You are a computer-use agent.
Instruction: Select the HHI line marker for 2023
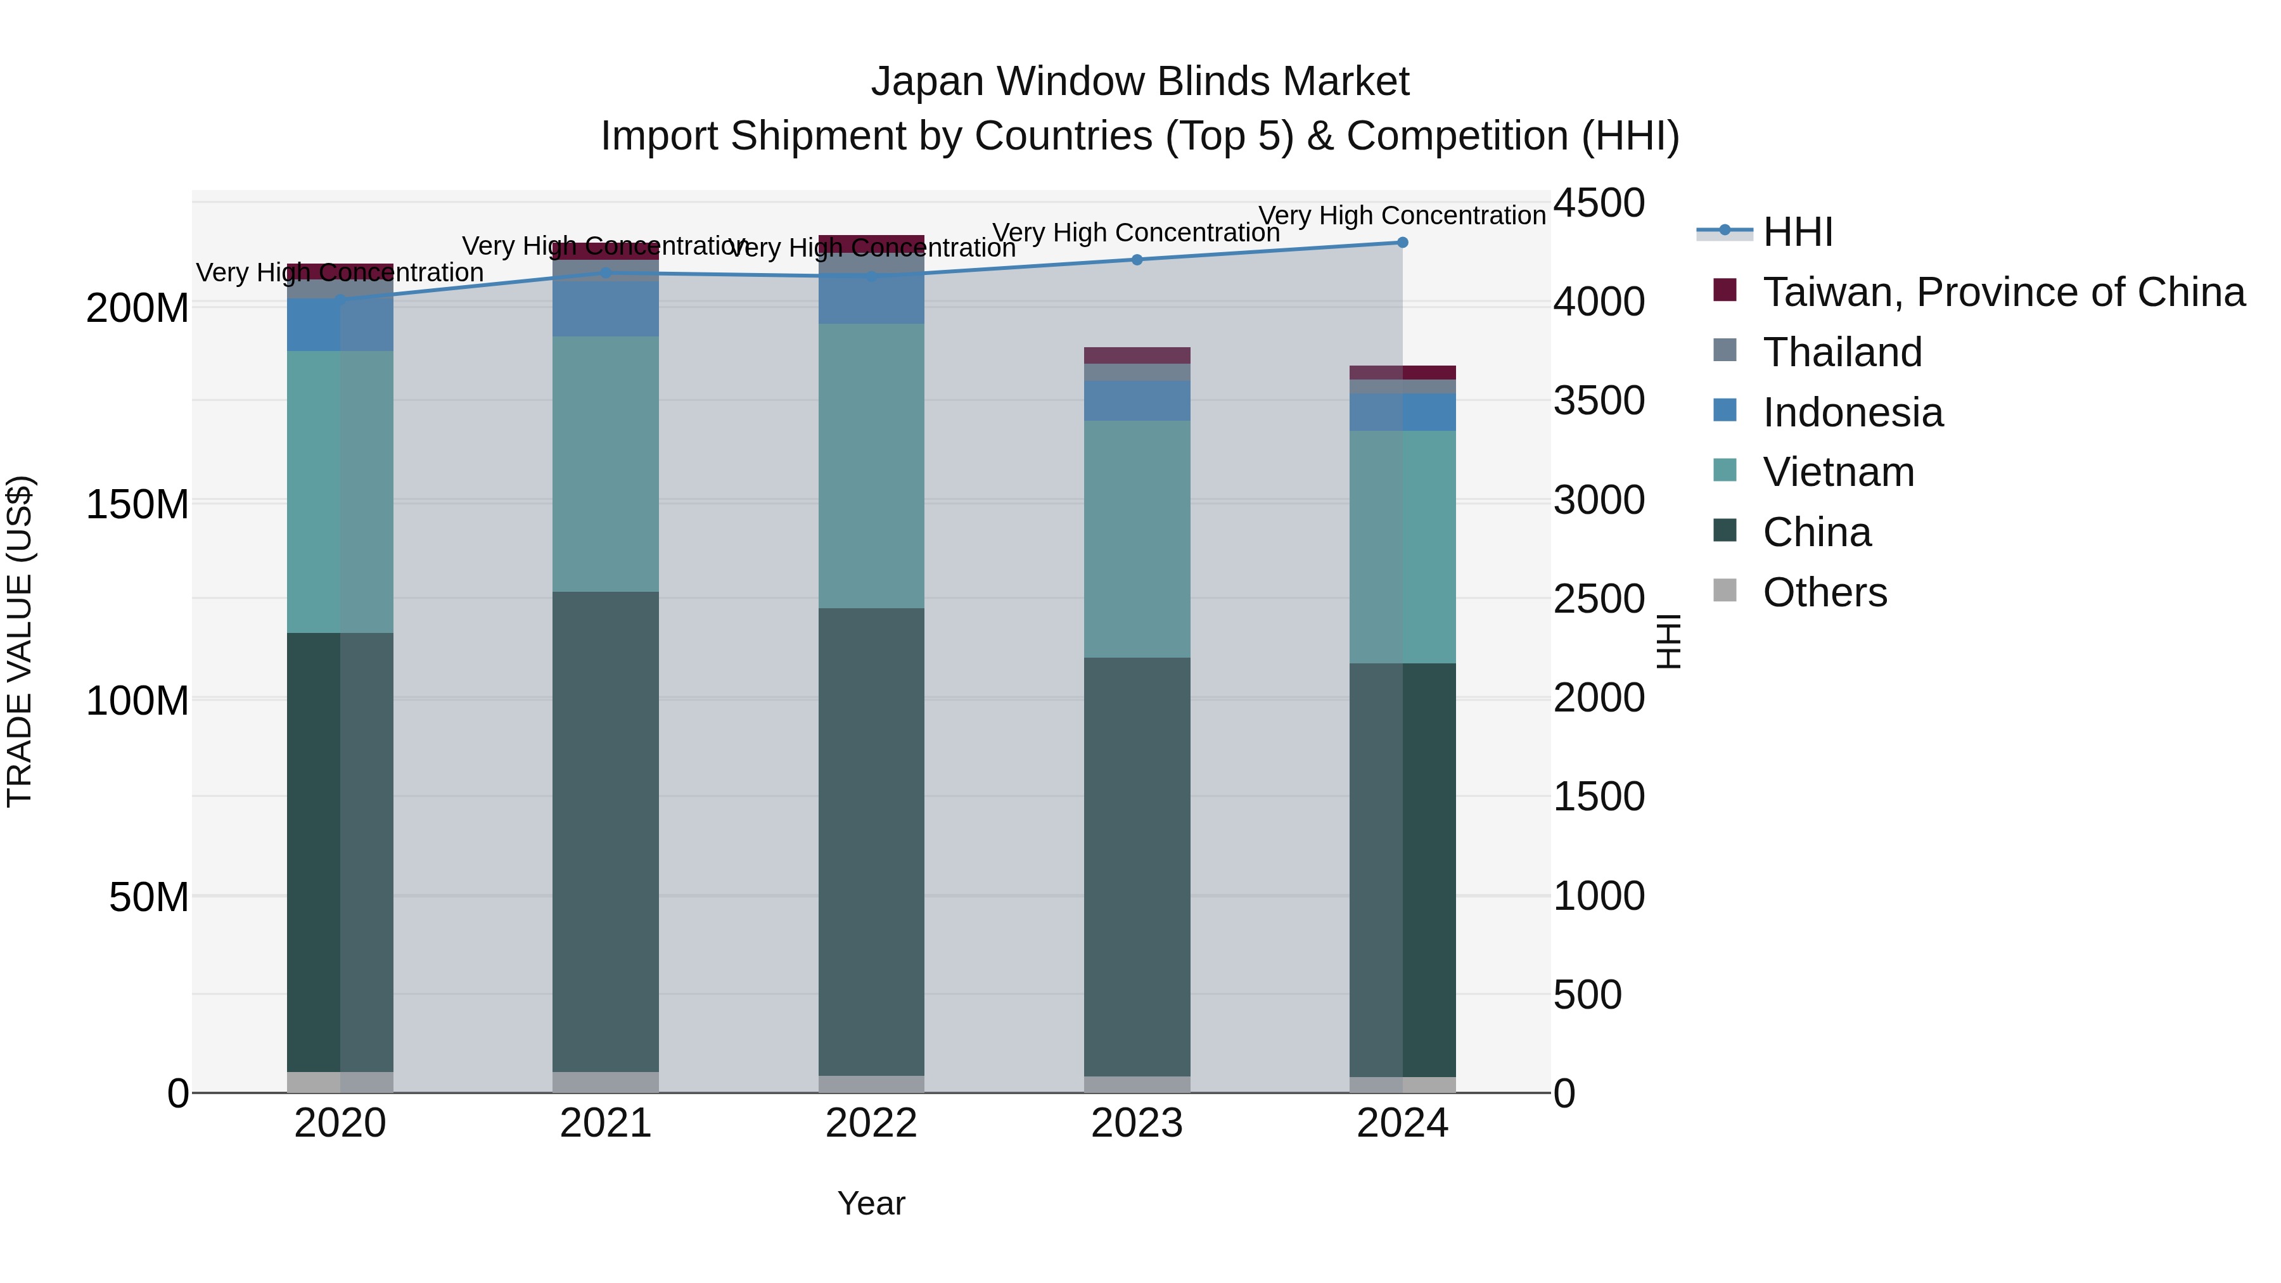1137,259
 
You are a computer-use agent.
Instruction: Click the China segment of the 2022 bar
871,841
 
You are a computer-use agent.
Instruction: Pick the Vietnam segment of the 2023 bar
1137,539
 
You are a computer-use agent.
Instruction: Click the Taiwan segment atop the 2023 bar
1137,355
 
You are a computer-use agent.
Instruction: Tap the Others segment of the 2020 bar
340,1082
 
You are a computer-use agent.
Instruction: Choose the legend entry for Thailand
1842,352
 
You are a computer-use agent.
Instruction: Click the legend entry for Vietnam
1837,472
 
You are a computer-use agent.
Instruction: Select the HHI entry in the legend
1798,232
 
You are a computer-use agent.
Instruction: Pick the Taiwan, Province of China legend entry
2003,291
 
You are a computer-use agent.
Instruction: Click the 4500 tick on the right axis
1599,203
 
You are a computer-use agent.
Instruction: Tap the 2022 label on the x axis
871,1123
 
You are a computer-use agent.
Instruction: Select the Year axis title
871,1203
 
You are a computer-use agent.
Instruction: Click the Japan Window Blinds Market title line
1140,82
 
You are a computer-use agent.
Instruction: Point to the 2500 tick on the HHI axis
1599,599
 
